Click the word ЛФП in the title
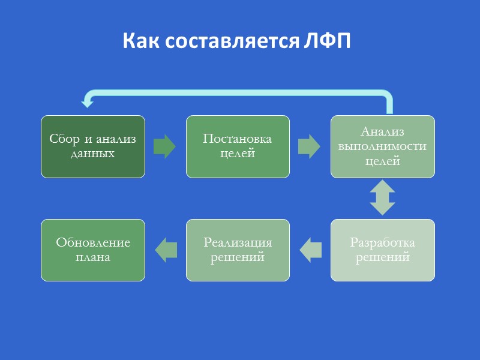(327, 41)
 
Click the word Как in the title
(142, 41)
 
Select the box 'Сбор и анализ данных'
(92, 146)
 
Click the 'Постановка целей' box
(238, 146)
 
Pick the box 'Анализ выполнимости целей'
(383, 146)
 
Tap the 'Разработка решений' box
(383, 250)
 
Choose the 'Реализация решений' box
(238, 250)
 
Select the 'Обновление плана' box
(92, 250)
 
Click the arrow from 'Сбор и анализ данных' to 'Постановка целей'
(164, 146)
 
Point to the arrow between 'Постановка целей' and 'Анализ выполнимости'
(310, 146)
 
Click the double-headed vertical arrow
(382, 199)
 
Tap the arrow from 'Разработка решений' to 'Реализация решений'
(310, 250)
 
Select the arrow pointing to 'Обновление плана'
(166, 250)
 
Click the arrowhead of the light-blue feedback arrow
(88, 103)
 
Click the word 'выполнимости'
(383, 146)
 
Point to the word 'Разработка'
(383, 244)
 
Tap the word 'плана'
(92, 257)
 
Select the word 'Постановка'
(238, 139)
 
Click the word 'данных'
(92, 154)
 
